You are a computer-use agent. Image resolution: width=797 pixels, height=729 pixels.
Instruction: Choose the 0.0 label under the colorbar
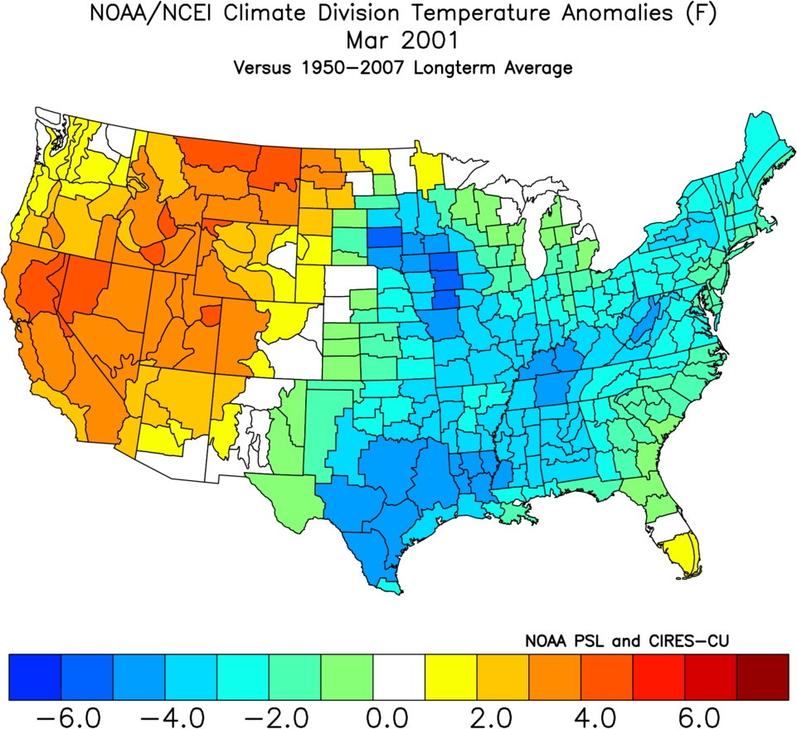pyautogui.click(x=398, y=713)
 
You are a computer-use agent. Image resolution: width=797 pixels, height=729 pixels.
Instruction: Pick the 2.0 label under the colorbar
pyautogui.click(x=503, y=713)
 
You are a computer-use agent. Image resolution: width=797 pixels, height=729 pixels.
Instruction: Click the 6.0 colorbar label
pyautogui.click(x=711, y=713)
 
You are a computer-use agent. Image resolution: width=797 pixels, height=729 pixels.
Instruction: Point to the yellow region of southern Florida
pyautogui.click(x=684, y=554)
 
